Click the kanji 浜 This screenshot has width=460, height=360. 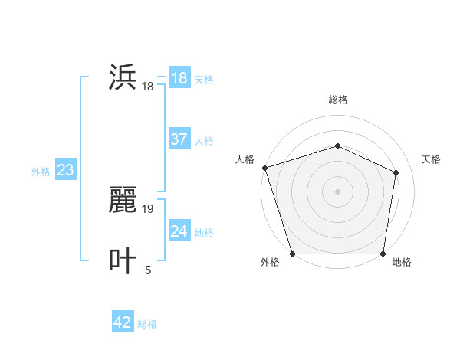pos(123,78)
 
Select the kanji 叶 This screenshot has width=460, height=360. pos(123,260)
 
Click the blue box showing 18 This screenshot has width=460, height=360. pos(179,78)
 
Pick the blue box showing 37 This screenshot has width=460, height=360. pos(179,139)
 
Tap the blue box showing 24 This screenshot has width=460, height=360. pos(179,231)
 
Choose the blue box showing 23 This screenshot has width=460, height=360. pos(65,170)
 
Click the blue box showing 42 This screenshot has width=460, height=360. pos(122,322)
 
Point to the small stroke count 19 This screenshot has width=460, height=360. pos(148,208)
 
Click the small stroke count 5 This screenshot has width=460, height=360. pos(148,270)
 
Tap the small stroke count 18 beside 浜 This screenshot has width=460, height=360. pos(148,87)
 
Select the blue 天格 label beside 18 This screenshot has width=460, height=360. pos(204,79)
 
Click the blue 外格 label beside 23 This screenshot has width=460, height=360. pos(41,172)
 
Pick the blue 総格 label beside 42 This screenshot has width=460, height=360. pos(147,324)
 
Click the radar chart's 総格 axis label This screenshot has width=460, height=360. pos(338,100)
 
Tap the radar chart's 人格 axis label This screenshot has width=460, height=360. pos(245,159)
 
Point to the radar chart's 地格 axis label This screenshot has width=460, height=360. pos(402,262)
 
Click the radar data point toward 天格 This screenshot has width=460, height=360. pos(396,172)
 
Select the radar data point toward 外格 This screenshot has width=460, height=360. pos(293,254)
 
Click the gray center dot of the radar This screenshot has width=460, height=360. pos(338,191)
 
